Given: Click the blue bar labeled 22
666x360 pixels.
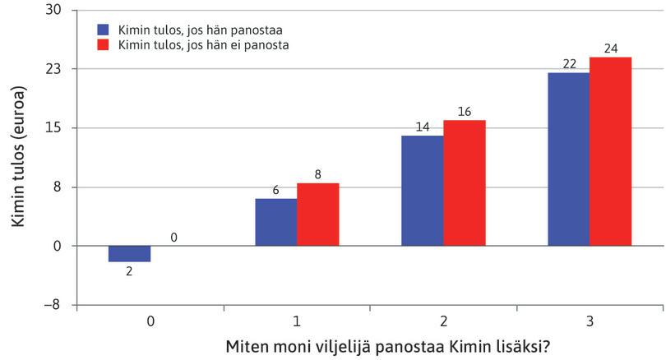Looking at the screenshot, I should pyautogui.click(x=568, y=159).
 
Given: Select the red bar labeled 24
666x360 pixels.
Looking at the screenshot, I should pyautogui.click(x=610, y=151).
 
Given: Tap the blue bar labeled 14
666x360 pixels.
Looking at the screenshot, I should pyautogui.click(x=422, y=190).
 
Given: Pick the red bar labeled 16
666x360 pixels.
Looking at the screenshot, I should pyautogui.click(x=464, y=182).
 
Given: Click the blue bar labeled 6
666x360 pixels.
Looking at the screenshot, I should pyautogui.click(x=275, y=222).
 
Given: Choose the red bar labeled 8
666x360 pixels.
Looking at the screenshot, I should pyautogui.click(x=317, y=214).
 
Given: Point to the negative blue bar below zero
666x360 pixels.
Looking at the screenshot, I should pyautogui.click(x=129, y=253).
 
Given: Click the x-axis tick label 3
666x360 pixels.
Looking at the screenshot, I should pyautogui.click(x=590, y=321).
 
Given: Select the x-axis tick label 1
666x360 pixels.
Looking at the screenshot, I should pyautogui.click(x=296, y=321).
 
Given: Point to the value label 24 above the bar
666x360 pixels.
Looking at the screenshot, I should pyautogui.click(x=610, y=48).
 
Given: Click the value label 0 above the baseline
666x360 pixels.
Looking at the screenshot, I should pyautogui.click(x=172, y=237).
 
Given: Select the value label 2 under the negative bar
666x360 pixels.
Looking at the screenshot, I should pyautogui.click(x=129, y=270).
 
